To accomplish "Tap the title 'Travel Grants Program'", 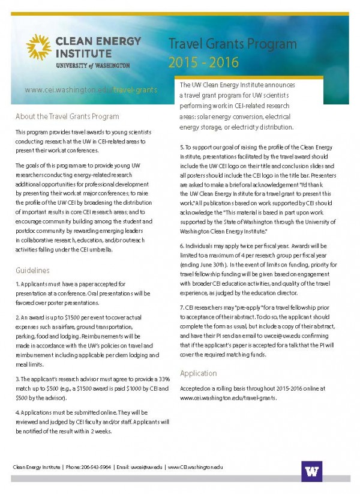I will click(x=232, y=44).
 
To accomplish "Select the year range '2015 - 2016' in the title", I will click(x=203, y=62).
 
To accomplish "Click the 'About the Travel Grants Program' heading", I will click(x=67, y=116).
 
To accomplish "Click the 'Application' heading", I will click(x=198, y=373).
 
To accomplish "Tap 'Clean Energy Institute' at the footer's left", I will click(x=37, y=467).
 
